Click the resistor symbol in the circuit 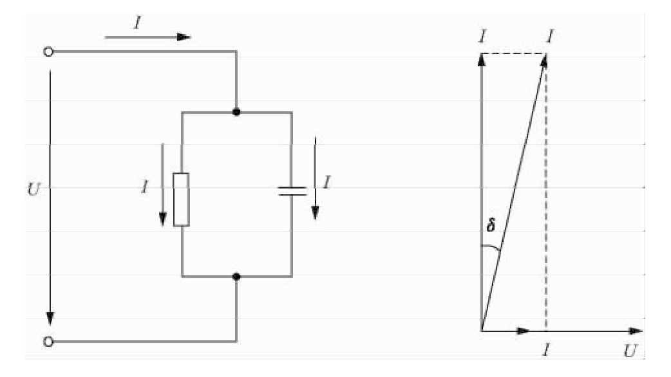point(182,199)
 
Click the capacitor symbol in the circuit point(292,190)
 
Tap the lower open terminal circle point(48,341)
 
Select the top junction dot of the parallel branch point(236,112)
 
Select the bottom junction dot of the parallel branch point(236,277)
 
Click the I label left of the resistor point(146,188)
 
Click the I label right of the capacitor point(327,182)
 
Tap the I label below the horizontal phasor point(546,351)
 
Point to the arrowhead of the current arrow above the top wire point(184,37)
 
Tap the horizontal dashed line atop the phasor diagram point(513,53)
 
